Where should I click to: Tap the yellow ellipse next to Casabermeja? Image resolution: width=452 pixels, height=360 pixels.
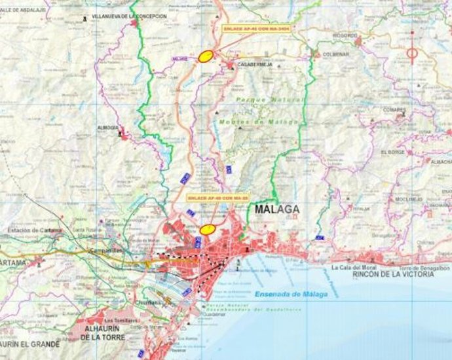[x=206, y=56]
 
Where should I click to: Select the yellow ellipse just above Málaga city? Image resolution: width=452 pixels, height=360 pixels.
[x=208, y=229]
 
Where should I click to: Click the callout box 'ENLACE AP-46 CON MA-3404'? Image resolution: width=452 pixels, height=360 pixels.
[x=257, y=29]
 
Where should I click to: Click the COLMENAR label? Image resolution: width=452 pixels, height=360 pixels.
[x=336, y=54]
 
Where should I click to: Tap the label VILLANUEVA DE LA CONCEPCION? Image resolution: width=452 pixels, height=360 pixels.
[x=130, y=15]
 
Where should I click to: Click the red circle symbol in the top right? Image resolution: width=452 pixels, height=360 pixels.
[x=412, y=52]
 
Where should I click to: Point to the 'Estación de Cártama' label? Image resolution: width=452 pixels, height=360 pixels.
[x=34, y=230]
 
